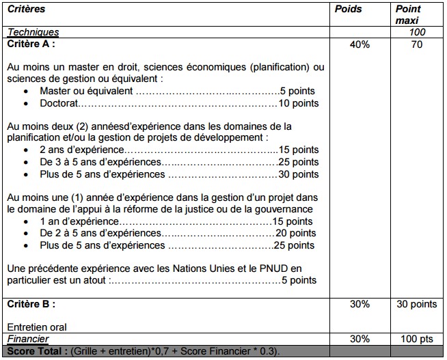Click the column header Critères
tap(26, 10)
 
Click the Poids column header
tap(349, 10)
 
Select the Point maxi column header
tap(409, 14)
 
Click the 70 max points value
tap(416, 45)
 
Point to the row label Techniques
tap(33, 32)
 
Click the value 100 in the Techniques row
tap(417, 32)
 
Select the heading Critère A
tap(31, 44)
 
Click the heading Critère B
tap(31, 303)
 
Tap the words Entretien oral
tap(37, 327)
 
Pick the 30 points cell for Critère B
tap(416, 304)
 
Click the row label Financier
tap(29, 339)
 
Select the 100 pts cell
tap(416, 339)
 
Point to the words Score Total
tap(36, 350)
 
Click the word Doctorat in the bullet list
tap(59, 104)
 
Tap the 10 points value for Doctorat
tap(299, 104)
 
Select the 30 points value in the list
tap(299, 174)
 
